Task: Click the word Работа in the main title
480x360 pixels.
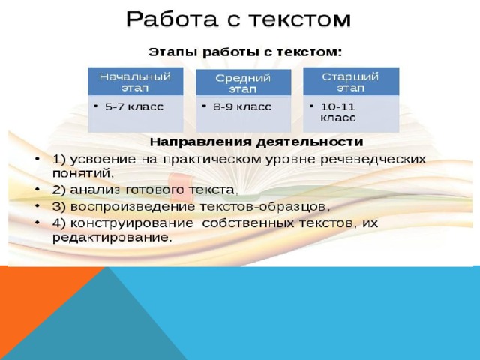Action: click(172, 19)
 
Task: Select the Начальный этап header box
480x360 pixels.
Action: click(136, 82)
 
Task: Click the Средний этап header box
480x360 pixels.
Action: click(243, 82)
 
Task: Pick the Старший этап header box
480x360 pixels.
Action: click(351, 82)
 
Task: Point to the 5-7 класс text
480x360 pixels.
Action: click(134, 106)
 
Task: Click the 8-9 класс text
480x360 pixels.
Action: click(242, 106)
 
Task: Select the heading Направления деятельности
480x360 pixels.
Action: click(256, 142)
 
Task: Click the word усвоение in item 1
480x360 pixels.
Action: click(103, 160)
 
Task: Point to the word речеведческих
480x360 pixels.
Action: click(373, 160)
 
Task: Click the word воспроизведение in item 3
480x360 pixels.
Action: click(133, 207)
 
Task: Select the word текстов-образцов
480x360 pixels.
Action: click(265, 207)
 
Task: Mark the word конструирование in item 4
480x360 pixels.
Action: click(132, 223)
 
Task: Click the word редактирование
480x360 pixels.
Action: click(111, 238)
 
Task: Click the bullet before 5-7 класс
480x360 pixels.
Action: click(96, 106)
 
